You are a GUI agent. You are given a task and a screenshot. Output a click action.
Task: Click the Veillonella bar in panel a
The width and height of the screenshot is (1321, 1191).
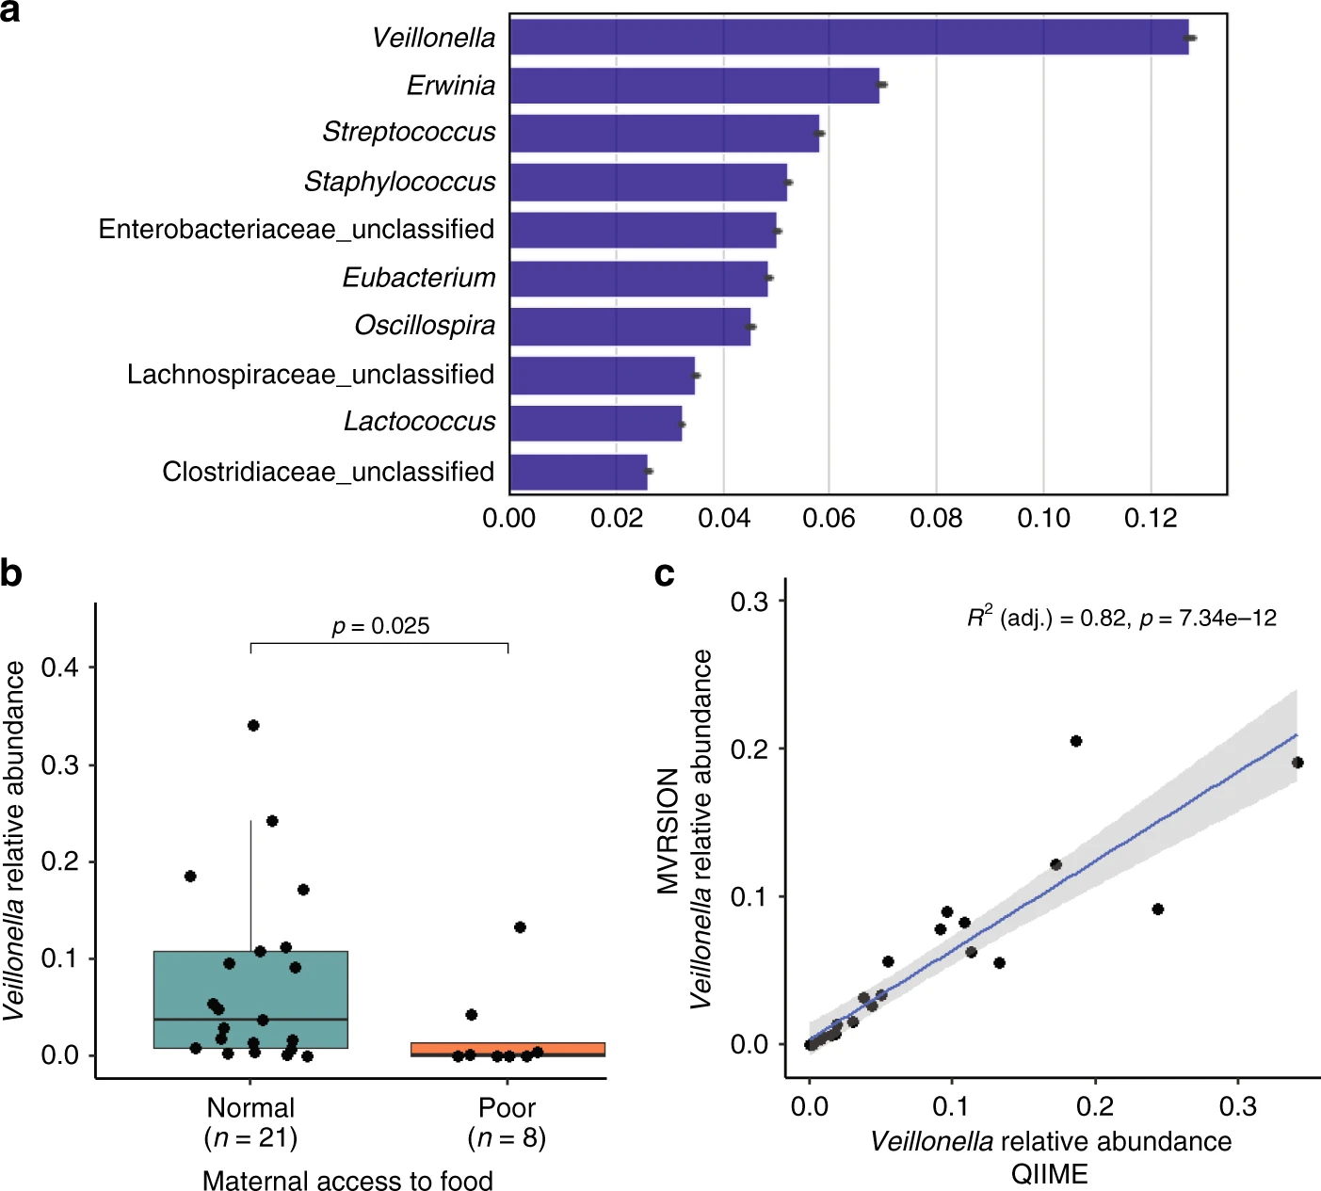click(x=847, y=38)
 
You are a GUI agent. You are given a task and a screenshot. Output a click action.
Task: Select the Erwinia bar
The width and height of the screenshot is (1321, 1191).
click(x=694, y=86)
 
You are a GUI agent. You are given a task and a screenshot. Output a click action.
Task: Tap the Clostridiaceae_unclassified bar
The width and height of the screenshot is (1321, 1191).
click(x=578, y=472)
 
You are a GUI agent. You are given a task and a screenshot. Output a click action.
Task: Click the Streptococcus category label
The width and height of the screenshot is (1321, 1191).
click(x=409, y=132)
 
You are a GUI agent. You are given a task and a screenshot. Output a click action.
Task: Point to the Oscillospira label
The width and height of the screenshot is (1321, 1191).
click(x=425, y=326)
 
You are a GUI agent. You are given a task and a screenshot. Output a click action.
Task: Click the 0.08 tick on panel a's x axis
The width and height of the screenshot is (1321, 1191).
click(x=936, y=518)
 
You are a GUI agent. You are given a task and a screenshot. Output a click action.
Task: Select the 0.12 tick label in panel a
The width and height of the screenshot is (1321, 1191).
click(x=1151, y=518)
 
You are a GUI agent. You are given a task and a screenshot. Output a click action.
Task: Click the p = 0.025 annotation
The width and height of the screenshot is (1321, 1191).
click(x=380, y=626)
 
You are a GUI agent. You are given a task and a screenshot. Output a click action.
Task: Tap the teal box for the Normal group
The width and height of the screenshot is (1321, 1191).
click(x=250, y=999)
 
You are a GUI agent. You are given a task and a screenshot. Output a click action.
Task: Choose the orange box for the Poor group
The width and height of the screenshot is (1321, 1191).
click(x=507, y=1049)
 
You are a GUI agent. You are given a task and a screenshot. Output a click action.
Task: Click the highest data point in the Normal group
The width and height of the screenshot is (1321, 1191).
click(x=253, y=725)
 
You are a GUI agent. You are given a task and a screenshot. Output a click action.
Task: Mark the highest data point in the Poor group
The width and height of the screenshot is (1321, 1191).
click(x=520, y=927)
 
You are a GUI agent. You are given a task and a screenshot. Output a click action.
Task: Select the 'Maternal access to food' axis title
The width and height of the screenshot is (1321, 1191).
click(x=347, y=1180)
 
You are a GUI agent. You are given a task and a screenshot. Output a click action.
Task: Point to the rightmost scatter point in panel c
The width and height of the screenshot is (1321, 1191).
click(x=1297, y=763)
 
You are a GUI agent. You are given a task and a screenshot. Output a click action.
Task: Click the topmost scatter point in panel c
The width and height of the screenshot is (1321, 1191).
click(x=1076, y=741)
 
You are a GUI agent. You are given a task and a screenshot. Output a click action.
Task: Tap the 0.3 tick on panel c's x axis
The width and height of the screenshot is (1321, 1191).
click(x=1237, y=1106)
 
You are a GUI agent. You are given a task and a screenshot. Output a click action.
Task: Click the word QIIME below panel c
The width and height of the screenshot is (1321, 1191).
click(x=1049, y=1174)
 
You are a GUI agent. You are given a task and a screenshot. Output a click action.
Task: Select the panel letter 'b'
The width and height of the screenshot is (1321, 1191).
click(x=11, y=572)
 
